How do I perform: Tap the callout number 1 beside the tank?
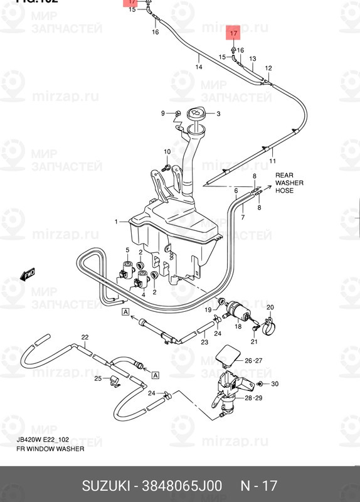117,222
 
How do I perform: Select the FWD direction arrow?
28,275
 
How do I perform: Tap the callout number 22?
85,338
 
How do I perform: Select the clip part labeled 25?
114,380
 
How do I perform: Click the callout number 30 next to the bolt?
274,383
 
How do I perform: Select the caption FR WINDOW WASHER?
46,449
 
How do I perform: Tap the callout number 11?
273,161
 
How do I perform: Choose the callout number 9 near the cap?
162,113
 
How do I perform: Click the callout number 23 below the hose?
204,343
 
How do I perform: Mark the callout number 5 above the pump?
127,250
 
